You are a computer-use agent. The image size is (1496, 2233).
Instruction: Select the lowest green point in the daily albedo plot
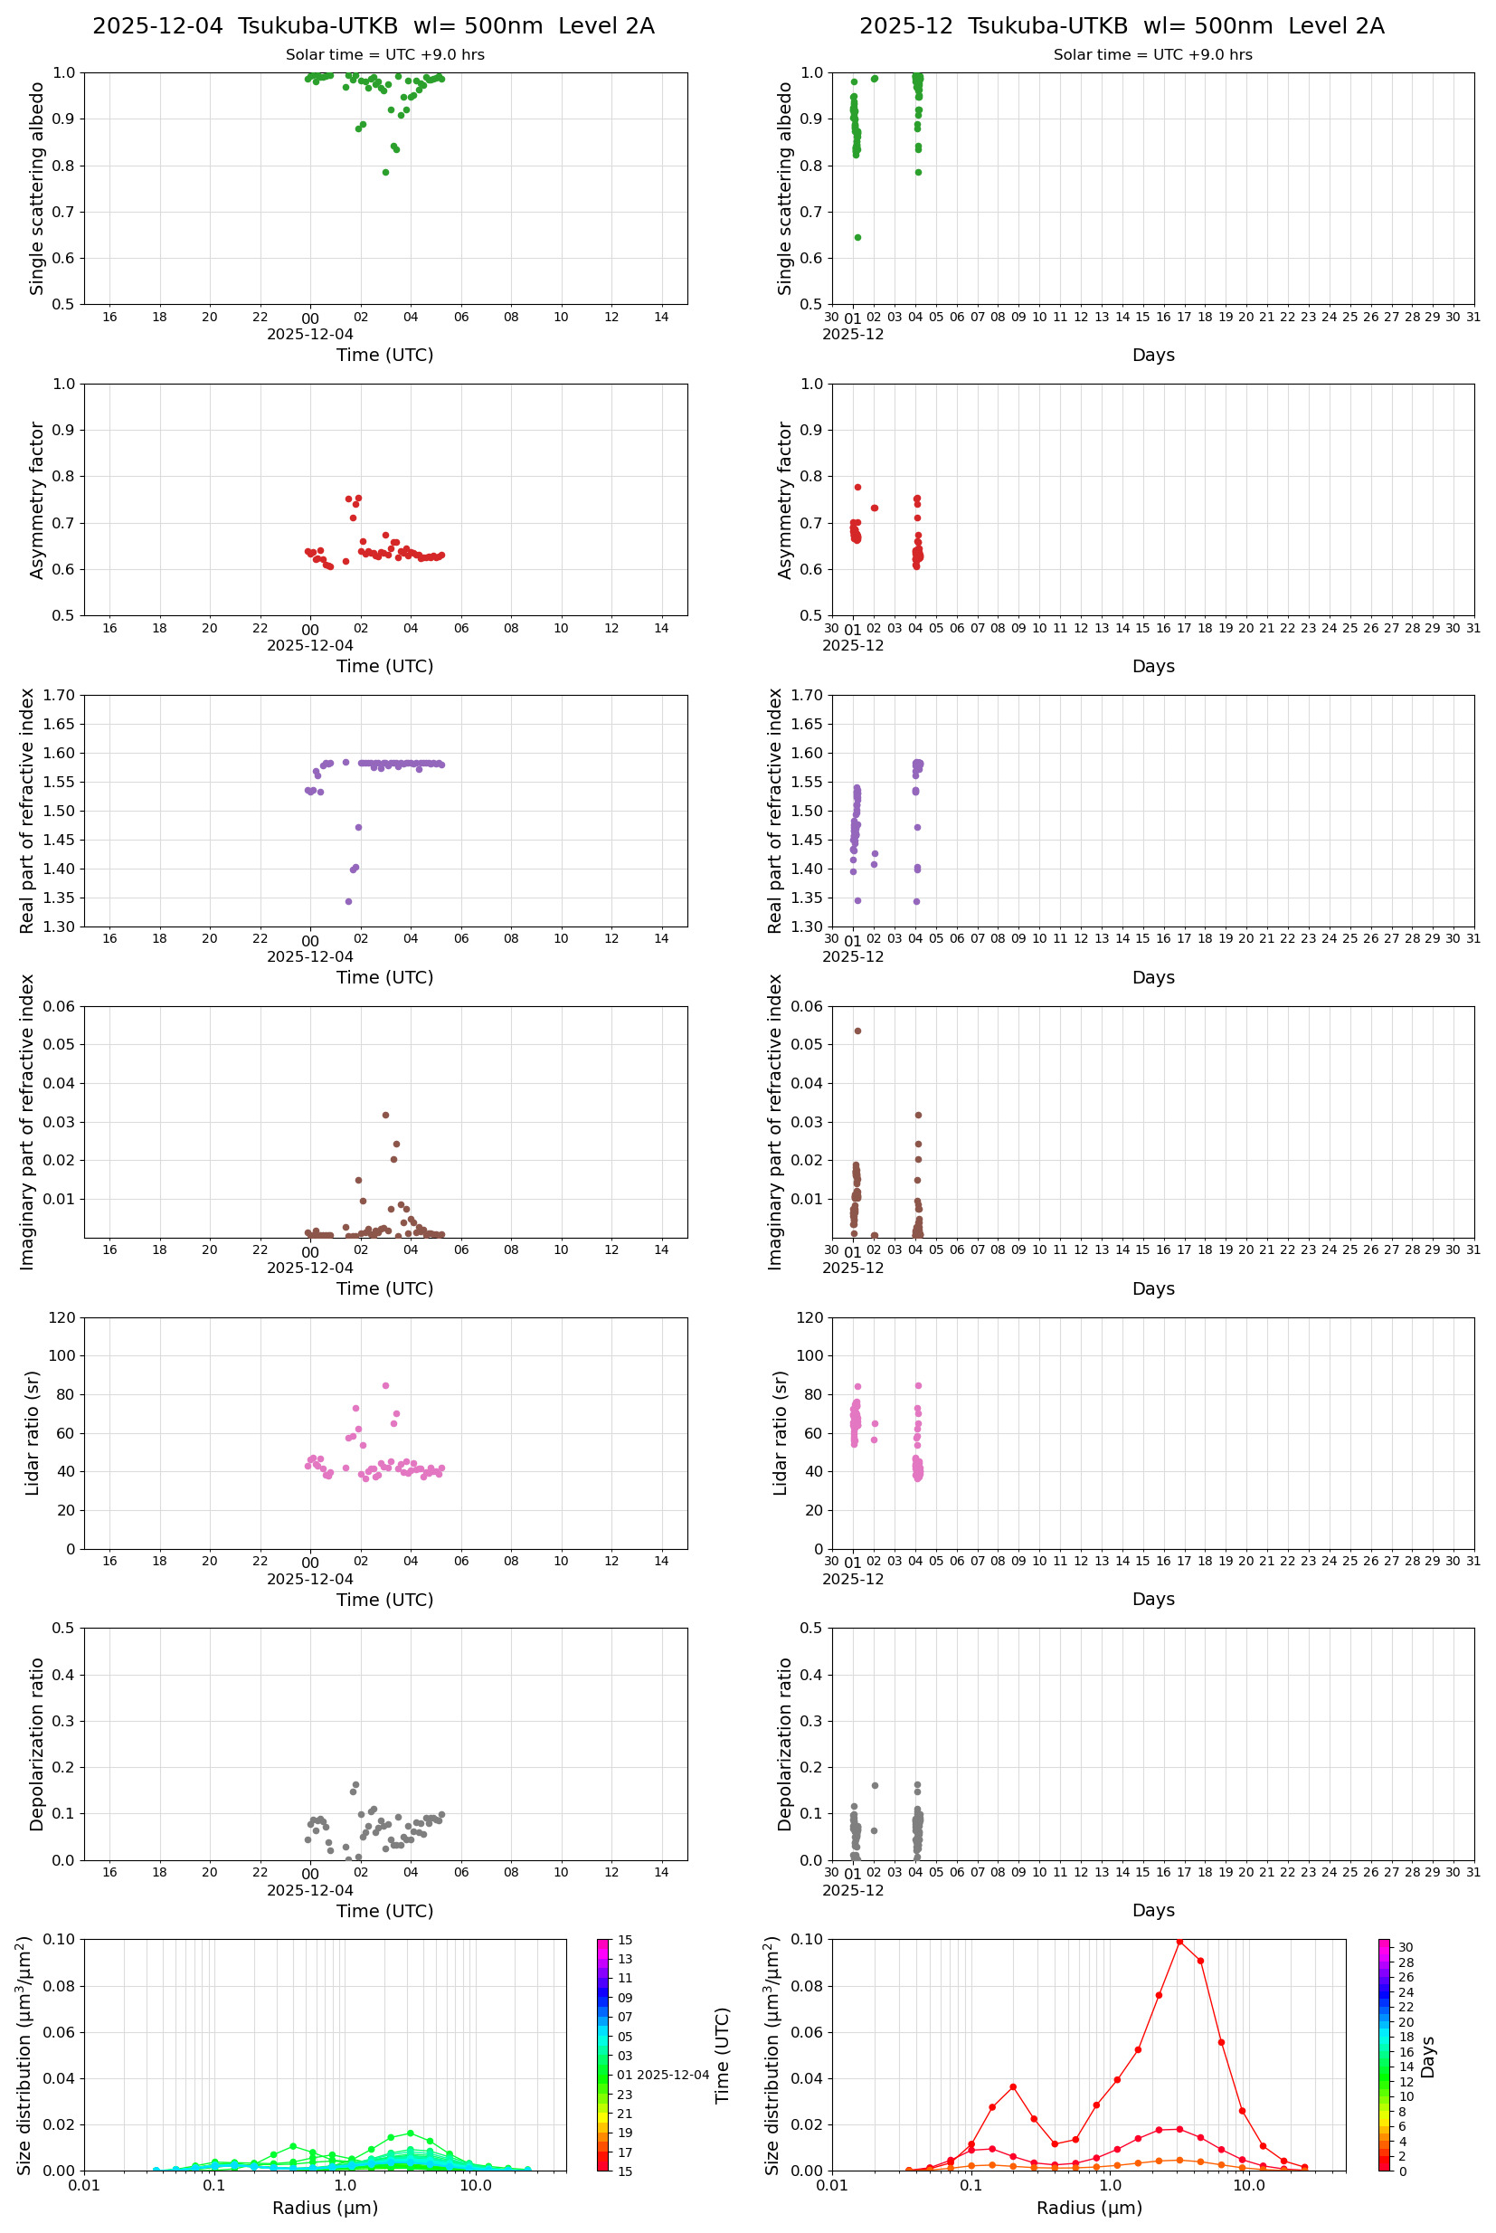pyautogui.click(x=385, y=173)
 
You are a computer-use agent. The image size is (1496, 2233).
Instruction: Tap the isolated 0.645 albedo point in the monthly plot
pyautogui.click(x=857, y=238)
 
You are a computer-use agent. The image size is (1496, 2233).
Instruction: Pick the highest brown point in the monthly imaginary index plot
pyautogui.click(x=857, y=1031)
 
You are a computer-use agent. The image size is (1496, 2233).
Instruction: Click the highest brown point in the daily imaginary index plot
pyautogui.click(x=385, y=1115)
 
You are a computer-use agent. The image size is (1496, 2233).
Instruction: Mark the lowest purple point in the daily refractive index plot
pyautogui.click(x=348, y=901)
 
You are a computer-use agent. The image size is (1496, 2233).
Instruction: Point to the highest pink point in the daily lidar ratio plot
pyautogui.click(x=385, y=1385)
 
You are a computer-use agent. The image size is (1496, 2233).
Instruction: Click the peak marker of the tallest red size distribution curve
pyautogui.click(x=1179, y=1942)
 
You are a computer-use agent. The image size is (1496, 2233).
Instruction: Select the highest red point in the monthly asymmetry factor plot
pyautogui.click(x=857, y=487)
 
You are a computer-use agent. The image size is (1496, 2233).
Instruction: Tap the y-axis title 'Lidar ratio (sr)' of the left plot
pyautogui.click(x=33, y=1433)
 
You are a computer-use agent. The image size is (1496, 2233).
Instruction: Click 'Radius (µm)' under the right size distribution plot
pyautogui.click(x=1089, y=2208)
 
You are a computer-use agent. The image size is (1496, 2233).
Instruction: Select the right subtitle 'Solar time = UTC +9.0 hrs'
pyautogui.click(x=1152, y=55)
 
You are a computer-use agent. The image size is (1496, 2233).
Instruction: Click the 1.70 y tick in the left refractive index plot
pyautogui.click(x=62, y=696)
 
